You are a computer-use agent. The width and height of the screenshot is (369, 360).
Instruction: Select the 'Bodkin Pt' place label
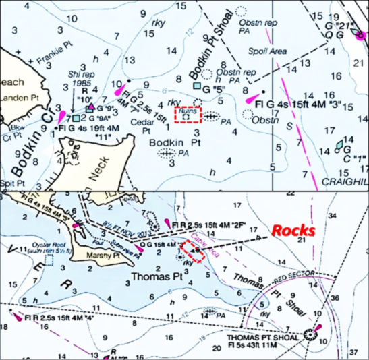coord(170,143)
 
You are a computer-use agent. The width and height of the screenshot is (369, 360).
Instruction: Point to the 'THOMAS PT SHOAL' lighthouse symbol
coord(311,333)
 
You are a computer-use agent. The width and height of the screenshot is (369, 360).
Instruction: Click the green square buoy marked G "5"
coord(196,86)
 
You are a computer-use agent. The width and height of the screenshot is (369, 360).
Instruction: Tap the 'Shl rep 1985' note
coord(80,79)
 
